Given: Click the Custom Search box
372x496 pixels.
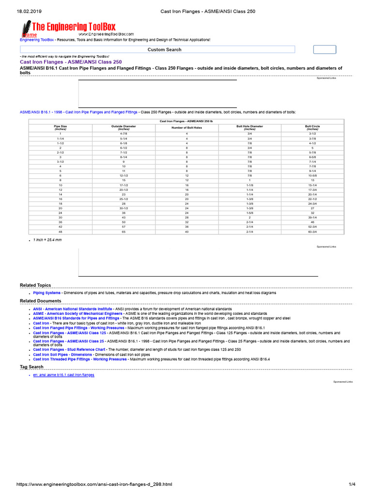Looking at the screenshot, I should pos(157,49).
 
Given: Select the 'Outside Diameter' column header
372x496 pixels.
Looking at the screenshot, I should pos(124,128).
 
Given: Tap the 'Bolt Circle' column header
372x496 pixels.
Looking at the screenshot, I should pos(312,128).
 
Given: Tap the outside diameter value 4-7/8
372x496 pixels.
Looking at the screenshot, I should pos(124,133).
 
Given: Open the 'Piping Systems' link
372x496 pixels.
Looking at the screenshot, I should pos(47,293).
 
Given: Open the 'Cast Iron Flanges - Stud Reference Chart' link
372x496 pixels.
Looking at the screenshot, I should pos(69,349).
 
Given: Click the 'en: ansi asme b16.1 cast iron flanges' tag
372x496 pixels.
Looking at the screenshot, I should pos(63,375).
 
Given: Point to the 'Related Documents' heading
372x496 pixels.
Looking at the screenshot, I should pos(40,301).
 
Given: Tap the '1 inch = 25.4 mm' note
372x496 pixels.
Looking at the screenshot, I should pos(47,240).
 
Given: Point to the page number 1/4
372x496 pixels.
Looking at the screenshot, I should pos(352,484).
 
